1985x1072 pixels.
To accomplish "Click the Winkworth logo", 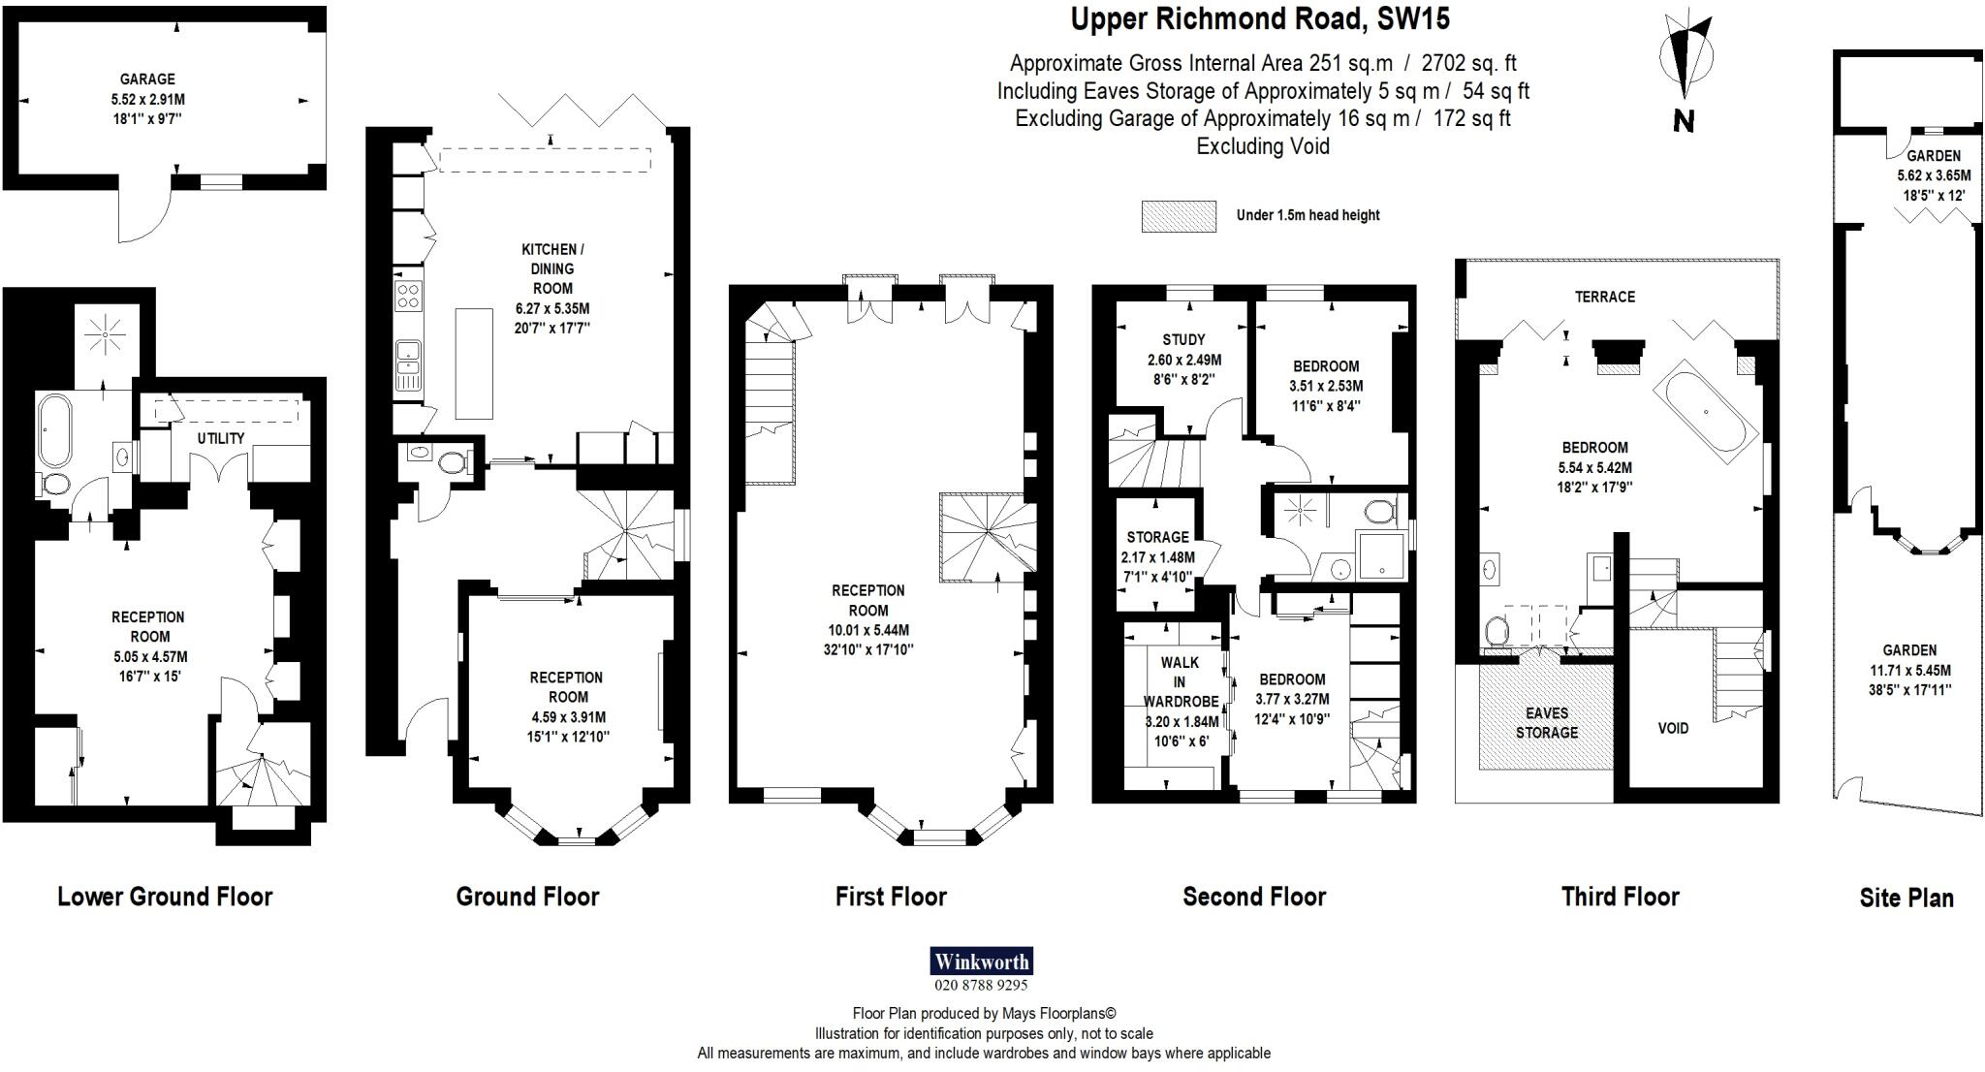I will pyautogui.click(x=981, y=962).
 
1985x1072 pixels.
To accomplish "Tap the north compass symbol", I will pyautogui.click(x=1685, y=62).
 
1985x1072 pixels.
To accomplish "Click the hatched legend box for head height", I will pyautogui.click(x=1179, y=215).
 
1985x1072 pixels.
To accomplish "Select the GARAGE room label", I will pyautogui.click(x=147, y=79).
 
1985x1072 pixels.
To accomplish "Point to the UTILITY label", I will pyautogui.click(x=221, y=438).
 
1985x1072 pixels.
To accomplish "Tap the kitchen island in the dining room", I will pyautogui.click(x=474, y=363).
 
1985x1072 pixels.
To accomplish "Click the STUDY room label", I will pyautogui.click(x=1183, y=339).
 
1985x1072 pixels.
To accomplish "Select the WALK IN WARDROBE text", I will pyautogui.click(x=1180, y=682).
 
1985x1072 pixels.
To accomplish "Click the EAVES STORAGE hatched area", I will pyautogui.click(x=1547, y=722).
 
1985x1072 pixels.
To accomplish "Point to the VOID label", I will pyautogui.click(x=1673, y=728).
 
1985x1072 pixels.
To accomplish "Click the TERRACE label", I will pyautogui.click(x=1605, y=297).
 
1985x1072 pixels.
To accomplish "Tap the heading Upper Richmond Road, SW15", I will pyautogui.click(x=1260, y=19).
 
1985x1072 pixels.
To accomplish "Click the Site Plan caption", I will pyautogui.click(x=1906, y=898).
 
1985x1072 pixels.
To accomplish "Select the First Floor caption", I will pyautogui.click(x=891, y=897).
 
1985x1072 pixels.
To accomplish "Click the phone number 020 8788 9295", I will pyautogui.click(x=981, y=986).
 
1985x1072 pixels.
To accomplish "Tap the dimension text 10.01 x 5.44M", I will pyautogui.click(x=867, y=630).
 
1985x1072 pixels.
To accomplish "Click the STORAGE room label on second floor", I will pyautogui.click(x=1157, y=537).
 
